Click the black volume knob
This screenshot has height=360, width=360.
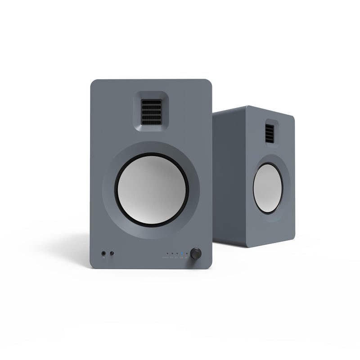coord(196,253)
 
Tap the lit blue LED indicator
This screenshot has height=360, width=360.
coord(182,253)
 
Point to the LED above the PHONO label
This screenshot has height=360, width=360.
coord(167,253)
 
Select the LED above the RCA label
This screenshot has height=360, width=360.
coord(172,253)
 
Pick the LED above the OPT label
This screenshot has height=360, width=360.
coord(177,253)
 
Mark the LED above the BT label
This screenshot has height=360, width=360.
coord(187,253)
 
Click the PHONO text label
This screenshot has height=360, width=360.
coord(166,257)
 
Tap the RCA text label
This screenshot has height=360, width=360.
coord(172,257)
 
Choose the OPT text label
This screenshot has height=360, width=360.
coord(177,257)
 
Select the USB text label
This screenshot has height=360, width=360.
coord(182,257)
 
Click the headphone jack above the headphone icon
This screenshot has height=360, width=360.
coord(103,253)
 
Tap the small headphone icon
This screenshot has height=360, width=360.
coord(103,258)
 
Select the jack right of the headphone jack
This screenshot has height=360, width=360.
coord(112,253)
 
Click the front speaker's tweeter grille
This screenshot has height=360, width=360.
coord(152,111)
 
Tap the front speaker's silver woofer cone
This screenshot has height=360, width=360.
coord(152,189)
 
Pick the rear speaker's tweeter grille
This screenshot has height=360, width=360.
coord(270,132)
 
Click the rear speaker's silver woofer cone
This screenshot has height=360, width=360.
coord(268,188)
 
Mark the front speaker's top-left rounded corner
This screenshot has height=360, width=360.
coord(94,83)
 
